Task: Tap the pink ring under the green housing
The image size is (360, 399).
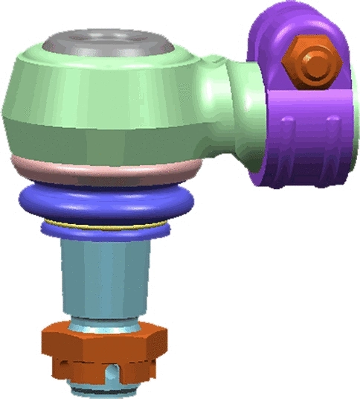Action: pyautogui.click(x=104, y=170)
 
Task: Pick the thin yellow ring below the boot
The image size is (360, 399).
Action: pyautogui.click(x=104, y=226)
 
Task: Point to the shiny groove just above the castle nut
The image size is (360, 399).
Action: pyautogui.click(x=104, y=325)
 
